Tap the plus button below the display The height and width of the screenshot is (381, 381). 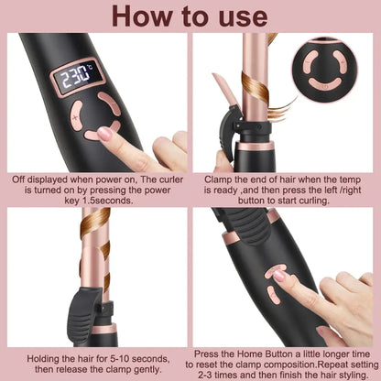tap(77, 117)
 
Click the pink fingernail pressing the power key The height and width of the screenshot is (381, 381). tap(104, 134)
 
